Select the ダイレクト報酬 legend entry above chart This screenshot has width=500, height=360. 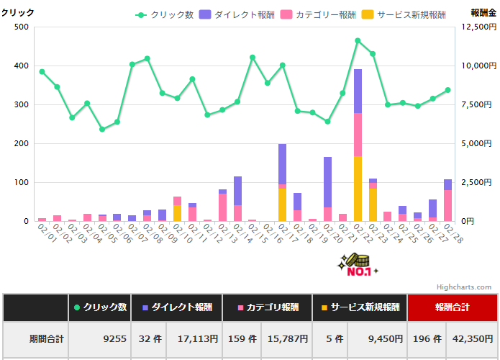(226, 14)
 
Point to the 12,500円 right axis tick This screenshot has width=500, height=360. (476, 27)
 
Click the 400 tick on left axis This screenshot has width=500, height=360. (21, 66)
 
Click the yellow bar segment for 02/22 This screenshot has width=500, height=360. (358, 189)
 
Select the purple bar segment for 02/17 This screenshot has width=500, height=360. (283, 163)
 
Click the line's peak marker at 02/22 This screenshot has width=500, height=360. (358, 40)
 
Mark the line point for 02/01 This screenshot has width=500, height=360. (42, 71)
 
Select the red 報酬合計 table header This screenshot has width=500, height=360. (452, 307)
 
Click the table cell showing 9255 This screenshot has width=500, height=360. (114, 338)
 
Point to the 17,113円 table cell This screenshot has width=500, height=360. (194, 338)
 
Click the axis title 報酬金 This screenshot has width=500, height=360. (483, 12)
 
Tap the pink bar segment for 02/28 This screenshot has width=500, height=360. (447, 205)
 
